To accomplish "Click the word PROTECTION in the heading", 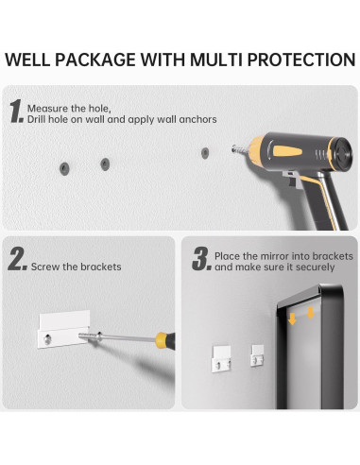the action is (301, 60).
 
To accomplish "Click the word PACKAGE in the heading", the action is (95, 60).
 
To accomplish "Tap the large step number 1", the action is (16, 111).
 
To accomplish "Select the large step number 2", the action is (18, 259).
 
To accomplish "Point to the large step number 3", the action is (201, 259).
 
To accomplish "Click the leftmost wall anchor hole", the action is (64, 168).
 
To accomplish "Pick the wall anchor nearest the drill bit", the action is (205, 153).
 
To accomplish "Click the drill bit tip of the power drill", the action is (233, 148).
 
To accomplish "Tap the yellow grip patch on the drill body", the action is (287, 151).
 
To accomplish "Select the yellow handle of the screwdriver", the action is (163, 340).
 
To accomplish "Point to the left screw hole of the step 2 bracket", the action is (47, 339).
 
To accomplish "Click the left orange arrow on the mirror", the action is (292, 319).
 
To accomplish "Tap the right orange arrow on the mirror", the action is (311, 313).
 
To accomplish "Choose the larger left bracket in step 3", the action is (222, 358).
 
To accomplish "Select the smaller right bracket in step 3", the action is (258, 355).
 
